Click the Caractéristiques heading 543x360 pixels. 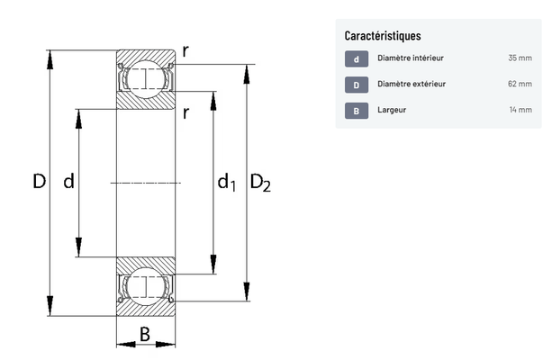(383, 36)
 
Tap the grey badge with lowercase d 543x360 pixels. (357, 59)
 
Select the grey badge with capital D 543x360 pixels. (357, 85)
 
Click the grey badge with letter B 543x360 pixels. (357, 111)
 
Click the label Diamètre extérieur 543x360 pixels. (412, 85)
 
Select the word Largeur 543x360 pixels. (393, 111)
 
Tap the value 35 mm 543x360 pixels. (520, 59)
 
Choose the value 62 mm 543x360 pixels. (520, 85)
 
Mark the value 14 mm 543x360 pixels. (520, 111)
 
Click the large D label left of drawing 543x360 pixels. (39, 182)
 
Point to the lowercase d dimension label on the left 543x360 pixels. (68, 182)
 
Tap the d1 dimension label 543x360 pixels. (226, 184)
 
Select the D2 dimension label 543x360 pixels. (260, 184)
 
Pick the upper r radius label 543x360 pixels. (185, 51)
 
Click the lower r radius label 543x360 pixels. (185, 112)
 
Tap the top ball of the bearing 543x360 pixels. (145, 78)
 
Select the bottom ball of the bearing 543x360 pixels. (145, 288)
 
